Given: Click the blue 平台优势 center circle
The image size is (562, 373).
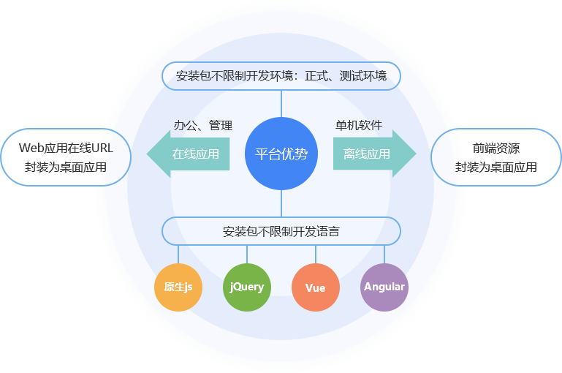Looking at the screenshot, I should tap(281, 154).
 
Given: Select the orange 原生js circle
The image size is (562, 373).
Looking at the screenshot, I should tap(178, 287).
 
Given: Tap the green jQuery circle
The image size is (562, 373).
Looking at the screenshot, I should tap(247, 287).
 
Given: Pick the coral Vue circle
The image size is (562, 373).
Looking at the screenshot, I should tap(316, 287).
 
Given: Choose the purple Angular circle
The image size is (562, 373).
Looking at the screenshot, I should tap(384, 287).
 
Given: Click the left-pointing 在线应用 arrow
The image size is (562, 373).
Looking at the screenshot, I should tap(190, 154).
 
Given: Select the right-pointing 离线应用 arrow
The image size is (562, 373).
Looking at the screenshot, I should tap(373, 154).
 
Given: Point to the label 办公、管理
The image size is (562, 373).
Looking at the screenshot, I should tap(202, 125).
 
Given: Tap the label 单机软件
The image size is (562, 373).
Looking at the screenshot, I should tap(359, 125).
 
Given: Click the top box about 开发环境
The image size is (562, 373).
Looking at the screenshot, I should tap(281, 75).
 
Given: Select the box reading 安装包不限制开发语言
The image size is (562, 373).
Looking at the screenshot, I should tap(281, 231).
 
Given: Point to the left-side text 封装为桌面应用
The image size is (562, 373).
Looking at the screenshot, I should tap(65, 167).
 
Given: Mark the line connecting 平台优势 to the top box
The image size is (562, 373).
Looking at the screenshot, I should tap(281, 103).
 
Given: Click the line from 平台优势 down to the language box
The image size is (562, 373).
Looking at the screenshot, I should tap(281, 203).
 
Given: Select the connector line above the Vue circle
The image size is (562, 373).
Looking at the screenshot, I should tap(316, 254).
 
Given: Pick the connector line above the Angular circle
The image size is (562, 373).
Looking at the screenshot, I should tap(384, 254).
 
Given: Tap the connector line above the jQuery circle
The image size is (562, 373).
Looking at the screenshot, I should tap(247, 254).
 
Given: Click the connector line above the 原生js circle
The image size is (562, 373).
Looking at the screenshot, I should tap(178, 254).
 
